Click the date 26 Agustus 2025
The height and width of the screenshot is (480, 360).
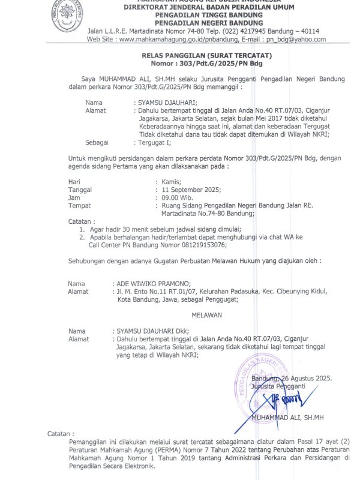[306, 379]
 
